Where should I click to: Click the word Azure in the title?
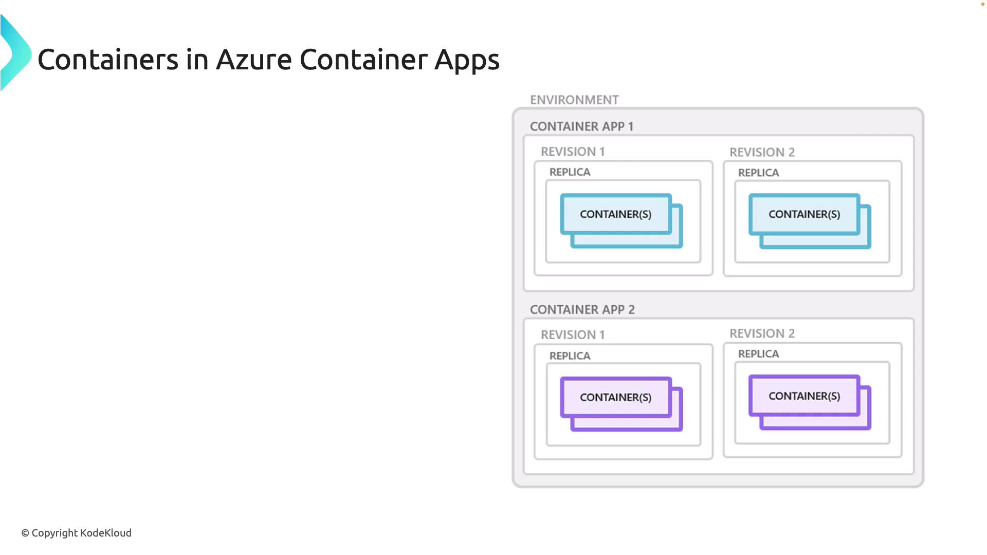coord(254,60)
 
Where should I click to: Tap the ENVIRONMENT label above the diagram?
coord(574,100)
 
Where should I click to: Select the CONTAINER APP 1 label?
coord(581,126)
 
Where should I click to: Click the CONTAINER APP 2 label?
coord(582,309)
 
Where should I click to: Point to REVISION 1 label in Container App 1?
coord(572,152)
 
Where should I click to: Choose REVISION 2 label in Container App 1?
coord(762,152)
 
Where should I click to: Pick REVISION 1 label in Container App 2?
coord(572,335)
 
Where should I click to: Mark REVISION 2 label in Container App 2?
coord(762,334)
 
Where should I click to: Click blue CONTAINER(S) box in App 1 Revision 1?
coord(616,214)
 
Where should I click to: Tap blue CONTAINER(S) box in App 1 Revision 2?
coord(804,214)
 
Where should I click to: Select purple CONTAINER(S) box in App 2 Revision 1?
coord(616,397)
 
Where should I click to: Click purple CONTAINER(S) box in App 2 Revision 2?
coord(804,396)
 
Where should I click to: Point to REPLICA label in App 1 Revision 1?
coord(570,172)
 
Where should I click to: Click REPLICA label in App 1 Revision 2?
coord(758,173)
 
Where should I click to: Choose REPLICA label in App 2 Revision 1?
coord(570,356)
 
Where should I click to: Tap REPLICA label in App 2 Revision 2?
coord(758,354)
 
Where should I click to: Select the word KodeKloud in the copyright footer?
coord(106,533)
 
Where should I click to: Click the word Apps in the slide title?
coord(467,60)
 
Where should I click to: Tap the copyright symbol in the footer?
coord(25,533)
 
